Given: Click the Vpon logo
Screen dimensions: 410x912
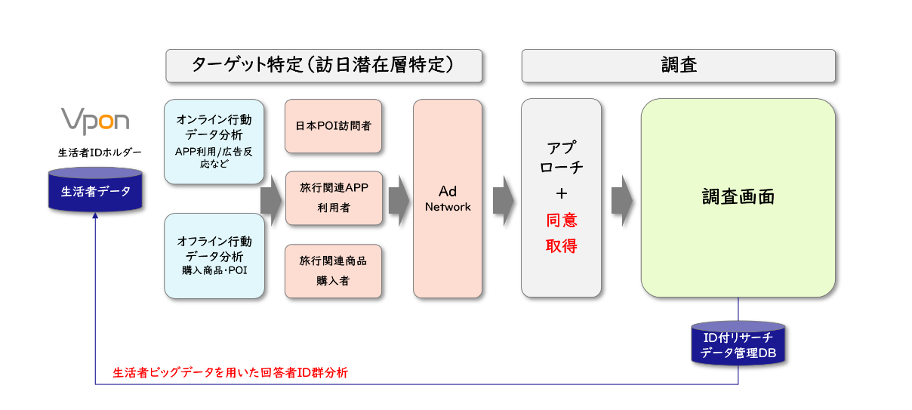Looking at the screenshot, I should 95,121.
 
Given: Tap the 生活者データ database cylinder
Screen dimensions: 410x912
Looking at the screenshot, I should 95,190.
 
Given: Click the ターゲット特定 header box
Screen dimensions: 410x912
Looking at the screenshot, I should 324,66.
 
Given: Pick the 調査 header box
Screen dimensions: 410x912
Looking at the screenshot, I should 678,66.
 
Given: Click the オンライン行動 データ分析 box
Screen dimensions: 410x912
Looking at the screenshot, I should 214,141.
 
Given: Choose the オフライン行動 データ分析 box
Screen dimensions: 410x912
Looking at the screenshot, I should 214,255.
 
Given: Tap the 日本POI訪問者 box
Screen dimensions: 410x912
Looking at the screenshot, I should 333,126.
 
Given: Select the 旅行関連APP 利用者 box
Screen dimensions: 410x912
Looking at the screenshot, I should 333,199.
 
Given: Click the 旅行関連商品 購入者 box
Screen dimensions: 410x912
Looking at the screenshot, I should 333,270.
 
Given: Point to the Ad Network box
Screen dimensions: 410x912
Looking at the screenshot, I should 447,199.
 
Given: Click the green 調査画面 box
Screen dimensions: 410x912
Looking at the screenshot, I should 738,198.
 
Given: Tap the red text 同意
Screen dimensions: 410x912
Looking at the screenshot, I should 561,220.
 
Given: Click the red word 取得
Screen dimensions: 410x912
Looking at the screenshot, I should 561,245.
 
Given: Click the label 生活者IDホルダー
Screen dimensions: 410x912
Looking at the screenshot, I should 95,153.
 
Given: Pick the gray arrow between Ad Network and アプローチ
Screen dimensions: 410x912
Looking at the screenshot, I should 503,199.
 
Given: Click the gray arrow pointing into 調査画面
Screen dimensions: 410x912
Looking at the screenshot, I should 621,199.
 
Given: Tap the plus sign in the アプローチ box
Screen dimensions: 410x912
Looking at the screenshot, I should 561,193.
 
